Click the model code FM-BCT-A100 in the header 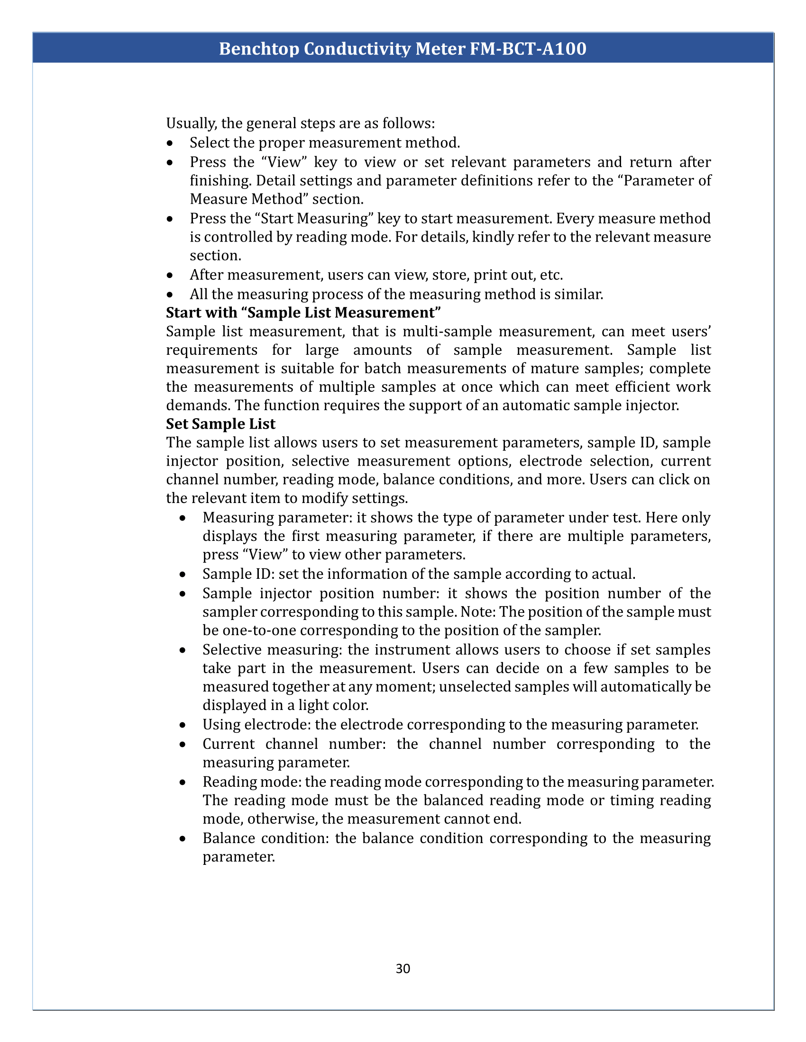(x=528, y=49)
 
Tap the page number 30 (x=403, y=969)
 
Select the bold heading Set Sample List (x=220, y=424)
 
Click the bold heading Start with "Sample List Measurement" (x=303, y=313)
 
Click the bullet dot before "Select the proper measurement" (x=170, y=143)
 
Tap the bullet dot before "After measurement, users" (x=170, y=276)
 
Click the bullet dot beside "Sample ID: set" (x=183, y=575)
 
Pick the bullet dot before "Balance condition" (x=183, y=839)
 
